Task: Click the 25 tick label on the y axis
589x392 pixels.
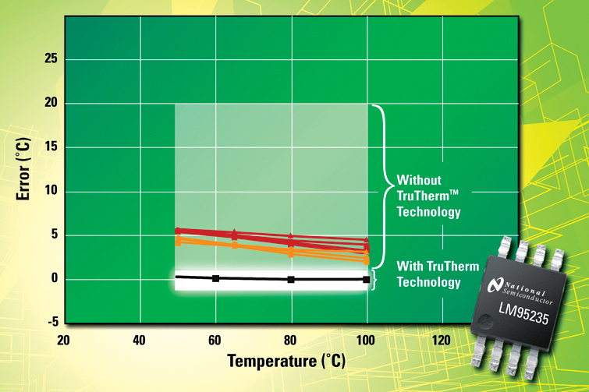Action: (51, 58)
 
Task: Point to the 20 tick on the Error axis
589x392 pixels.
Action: (51, 102)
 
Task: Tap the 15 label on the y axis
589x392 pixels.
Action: (51, 147)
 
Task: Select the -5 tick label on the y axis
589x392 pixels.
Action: (53, 322)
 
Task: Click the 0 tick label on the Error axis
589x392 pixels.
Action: (55, 278)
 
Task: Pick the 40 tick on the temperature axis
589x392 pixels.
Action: (139, 341)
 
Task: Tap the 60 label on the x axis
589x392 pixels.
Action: (215, 341)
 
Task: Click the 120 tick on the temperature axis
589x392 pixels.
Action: (441, 341)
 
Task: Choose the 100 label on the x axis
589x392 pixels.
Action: (366, 341)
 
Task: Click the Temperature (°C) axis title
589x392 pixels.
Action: (286, 361)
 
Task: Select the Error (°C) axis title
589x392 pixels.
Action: (23, 169)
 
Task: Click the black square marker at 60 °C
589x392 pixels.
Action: (215, 278)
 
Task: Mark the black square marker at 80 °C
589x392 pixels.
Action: (291, 279)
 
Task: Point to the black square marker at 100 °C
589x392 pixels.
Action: (366, 280)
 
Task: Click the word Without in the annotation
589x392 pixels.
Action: (419, 180)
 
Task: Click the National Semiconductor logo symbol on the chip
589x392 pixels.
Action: (495, 285)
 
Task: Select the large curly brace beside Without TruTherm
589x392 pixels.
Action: (384, 186)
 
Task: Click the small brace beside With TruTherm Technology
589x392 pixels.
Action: (374, 280)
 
